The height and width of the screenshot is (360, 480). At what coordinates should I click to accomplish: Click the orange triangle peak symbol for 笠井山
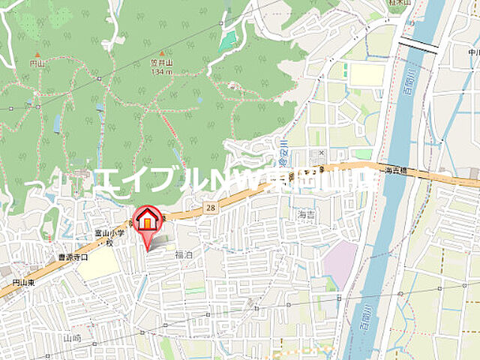(161, 54)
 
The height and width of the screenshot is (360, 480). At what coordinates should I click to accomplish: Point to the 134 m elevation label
(161, 72)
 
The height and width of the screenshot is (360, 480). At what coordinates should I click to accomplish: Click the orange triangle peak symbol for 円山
(37, 55)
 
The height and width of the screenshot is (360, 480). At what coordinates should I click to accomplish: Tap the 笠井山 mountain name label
(161, 64)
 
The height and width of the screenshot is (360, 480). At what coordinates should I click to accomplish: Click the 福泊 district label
(183, 255)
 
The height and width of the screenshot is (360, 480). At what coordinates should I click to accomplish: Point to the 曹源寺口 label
(73, 257)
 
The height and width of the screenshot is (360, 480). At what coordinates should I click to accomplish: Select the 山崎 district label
(72, 338)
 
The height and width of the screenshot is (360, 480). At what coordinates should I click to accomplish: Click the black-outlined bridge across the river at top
(418, 46)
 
